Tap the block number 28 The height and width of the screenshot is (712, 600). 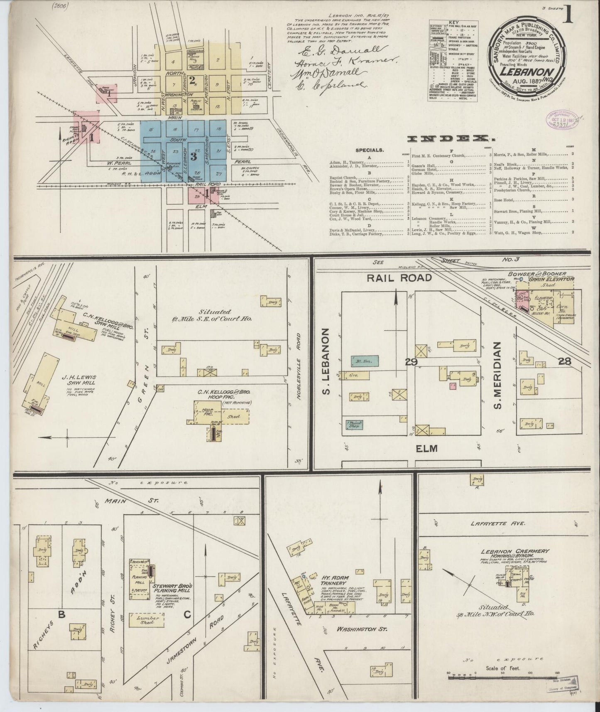[564, 361]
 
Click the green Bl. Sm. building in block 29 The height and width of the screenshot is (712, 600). [364, 361]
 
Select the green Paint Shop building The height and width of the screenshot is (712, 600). [355, 425]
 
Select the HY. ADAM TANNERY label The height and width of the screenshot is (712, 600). [336, 581]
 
